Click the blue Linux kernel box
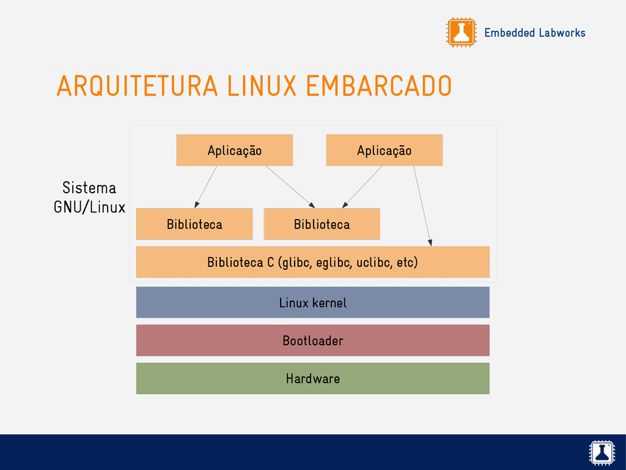[312, 302]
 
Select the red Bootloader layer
[312, 340]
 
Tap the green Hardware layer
[312, 378]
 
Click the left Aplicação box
[234, 151]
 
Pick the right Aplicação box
[384, 151]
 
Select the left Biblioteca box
[194, 224]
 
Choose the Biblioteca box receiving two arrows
[322, 224]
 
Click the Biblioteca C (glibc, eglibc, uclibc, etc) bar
[312, 263]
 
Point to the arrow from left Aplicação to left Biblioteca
[206, 187]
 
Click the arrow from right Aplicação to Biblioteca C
[422, 206]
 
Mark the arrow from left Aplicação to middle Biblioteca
[290, 187]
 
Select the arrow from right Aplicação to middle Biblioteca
[362, 187]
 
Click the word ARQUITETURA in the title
[137, 86]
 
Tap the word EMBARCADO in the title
[378, 86]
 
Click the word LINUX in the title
[262, 86]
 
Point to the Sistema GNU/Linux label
[89, 197]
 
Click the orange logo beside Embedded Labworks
[461, 32]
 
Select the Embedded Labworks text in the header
[534, 33]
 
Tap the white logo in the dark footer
[602, 452]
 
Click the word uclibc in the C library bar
[373, 263]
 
